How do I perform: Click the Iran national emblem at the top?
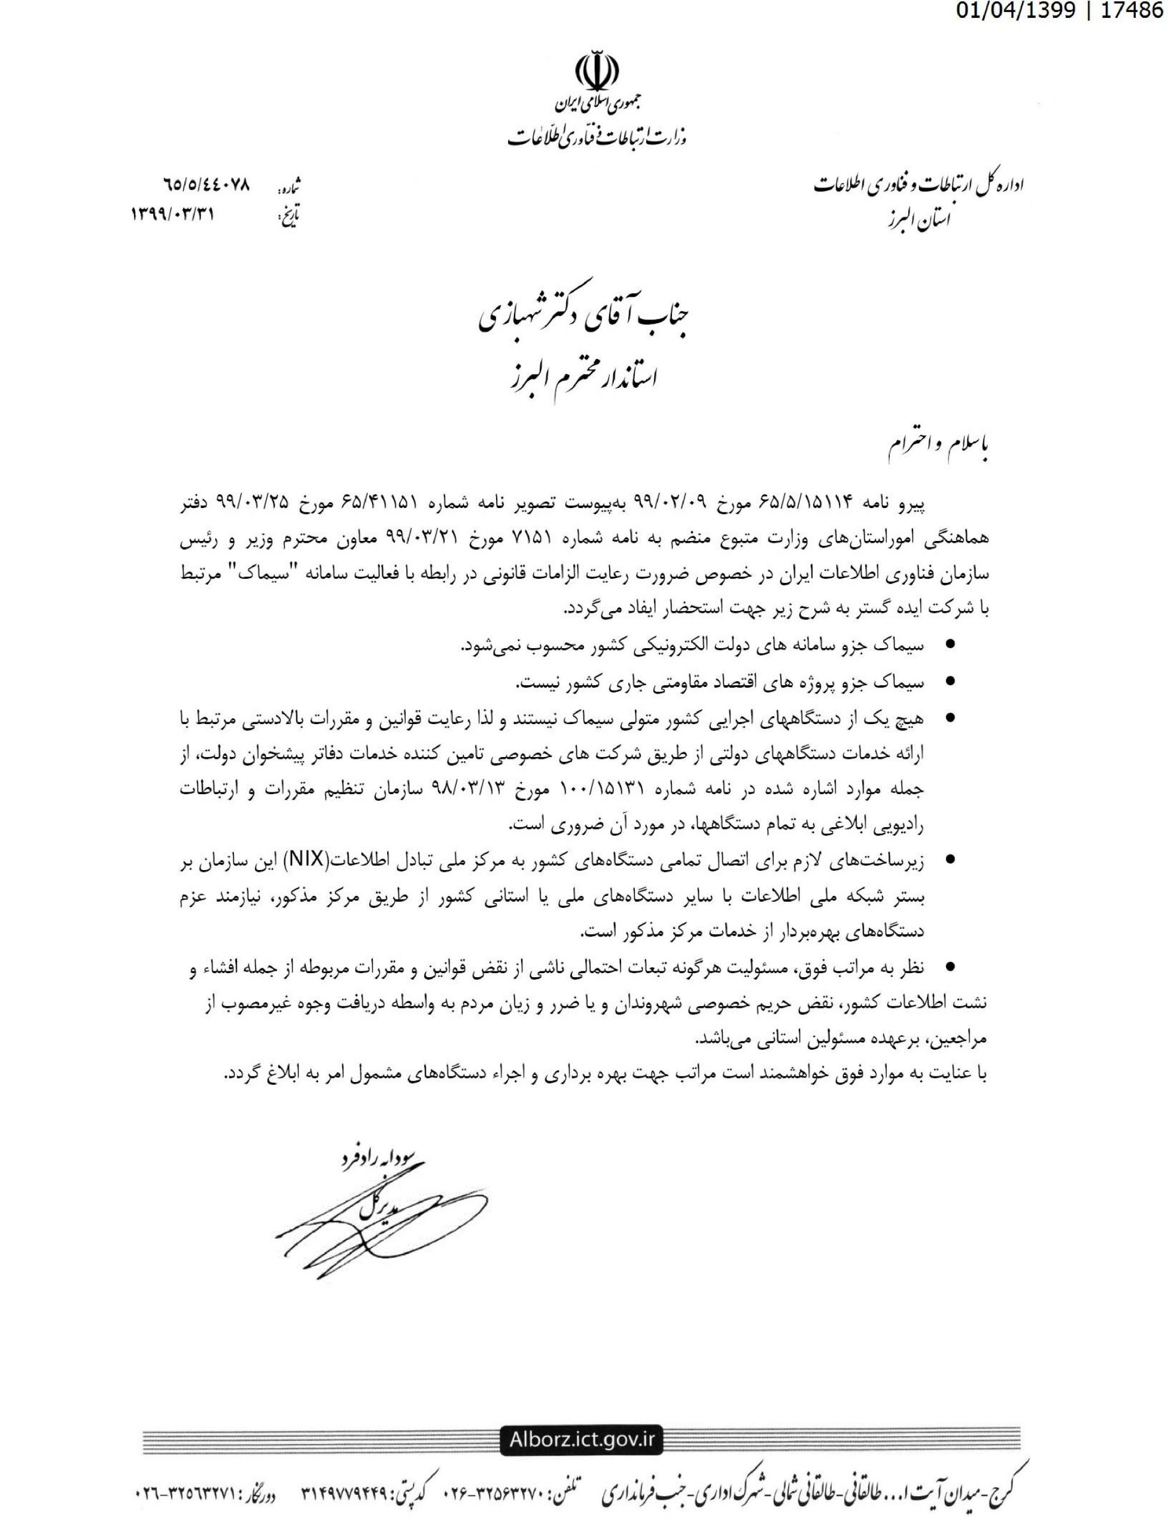pyautogui.click(x=597, y=70)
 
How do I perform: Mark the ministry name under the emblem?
pyautogui.click(x=597, y=136)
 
